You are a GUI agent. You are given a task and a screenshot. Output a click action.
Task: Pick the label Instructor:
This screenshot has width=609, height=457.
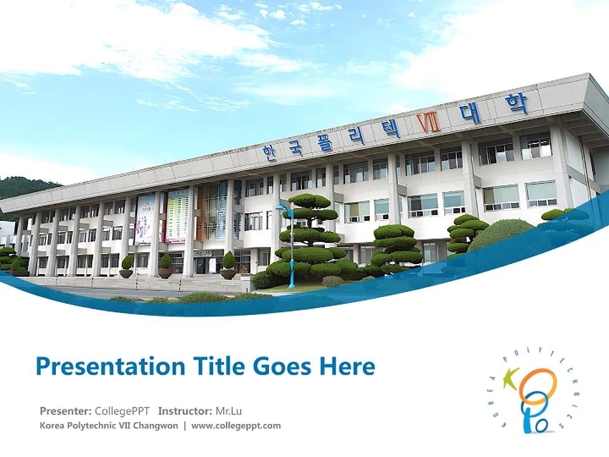tap(185, 410)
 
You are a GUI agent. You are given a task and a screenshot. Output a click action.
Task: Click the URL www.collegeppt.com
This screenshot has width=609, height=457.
tap(235, 425)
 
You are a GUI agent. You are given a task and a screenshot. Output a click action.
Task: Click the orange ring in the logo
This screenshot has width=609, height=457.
tap(537, 385)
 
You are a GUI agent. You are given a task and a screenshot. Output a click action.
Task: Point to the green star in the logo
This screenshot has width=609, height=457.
tap(511, 378)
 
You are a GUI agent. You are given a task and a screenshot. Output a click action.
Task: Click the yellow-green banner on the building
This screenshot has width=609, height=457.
tap(177, 216)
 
